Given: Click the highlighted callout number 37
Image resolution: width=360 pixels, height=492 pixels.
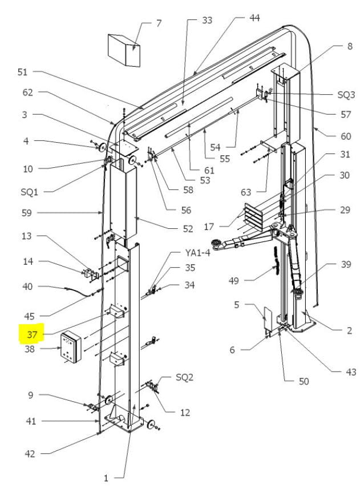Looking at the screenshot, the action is click(32, 334).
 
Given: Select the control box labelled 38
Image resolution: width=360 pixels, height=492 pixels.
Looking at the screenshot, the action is click(71, 348).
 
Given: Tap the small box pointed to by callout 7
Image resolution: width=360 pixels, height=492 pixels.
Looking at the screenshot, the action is click(124, 50).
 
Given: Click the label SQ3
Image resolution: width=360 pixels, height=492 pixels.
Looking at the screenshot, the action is click(346, 94).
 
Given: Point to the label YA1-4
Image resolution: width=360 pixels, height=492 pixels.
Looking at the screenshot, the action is click(197, 252).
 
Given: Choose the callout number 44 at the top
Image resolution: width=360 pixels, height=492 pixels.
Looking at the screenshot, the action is click(254, 18).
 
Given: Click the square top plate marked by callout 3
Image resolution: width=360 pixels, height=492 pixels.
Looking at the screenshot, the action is click(124, 147).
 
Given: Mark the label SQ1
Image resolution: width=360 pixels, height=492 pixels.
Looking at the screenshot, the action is click(29, 192).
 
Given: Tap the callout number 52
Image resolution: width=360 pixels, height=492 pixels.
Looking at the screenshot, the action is click(188, 229).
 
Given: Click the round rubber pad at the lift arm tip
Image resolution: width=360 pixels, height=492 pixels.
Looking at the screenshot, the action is click(216, 243).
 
